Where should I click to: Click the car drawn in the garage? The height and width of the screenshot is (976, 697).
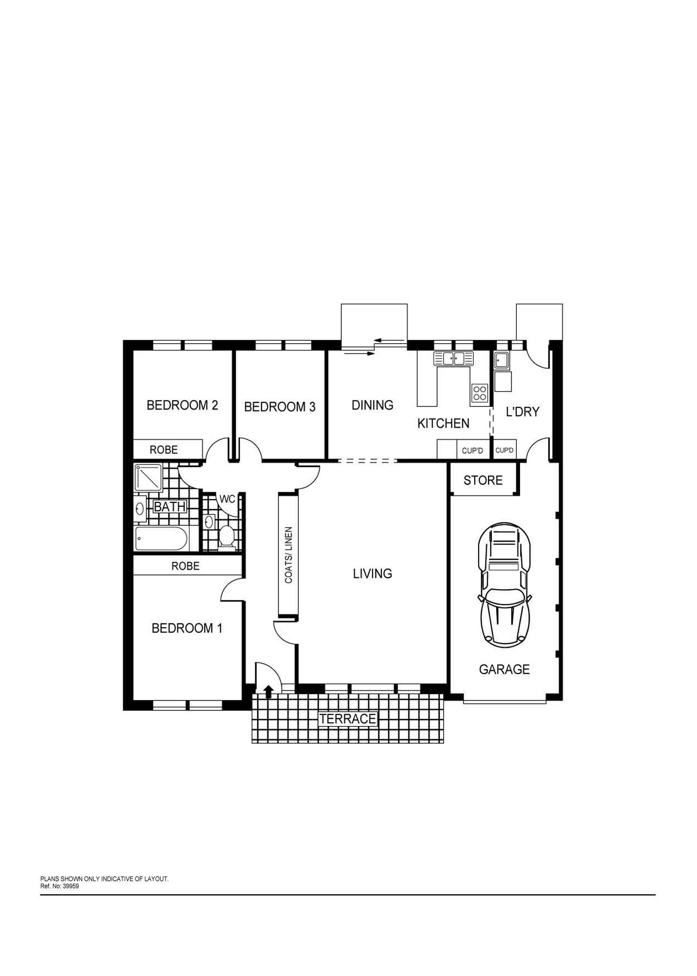pos(503,583)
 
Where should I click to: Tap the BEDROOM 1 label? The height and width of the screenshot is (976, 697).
pos(187,628)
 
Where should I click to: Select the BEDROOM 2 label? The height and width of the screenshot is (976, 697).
pos(182,405)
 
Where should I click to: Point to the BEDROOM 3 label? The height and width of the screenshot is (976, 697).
pos(280,407)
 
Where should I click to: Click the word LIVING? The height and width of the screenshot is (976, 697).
pos(372,573)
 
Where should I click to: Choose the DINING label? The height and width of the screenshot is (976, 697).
pos(372,405)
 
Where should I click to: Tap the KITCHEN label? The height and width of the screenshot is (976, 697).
pos(443,423)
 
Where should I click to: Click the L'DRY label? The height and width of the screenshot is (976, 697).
pos(523,412)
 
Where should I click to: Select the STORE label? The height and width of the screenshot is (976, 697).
pos(483,480)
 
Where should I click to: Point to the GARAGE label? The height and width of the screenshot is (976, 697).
pos(504,669)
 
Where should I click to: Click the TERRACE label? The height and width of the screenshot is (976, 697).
pos(348,719)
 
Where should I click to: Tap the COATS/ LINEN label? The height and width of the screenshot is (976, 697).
pos(288,555)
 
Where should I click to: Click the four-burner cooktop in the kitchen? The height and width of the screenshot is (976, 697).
pos(479,393)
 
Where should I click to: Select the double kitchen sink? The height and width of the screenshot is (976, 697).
pos(453,358)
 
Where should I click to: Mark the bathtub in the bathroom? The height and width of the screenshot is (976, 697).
pos(161,538)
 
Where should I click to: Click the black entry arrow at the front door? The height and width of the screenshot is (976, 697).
pos(269,691)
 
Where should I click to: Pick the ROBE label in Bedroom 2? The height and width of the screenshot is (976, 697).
pos(163,450)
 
